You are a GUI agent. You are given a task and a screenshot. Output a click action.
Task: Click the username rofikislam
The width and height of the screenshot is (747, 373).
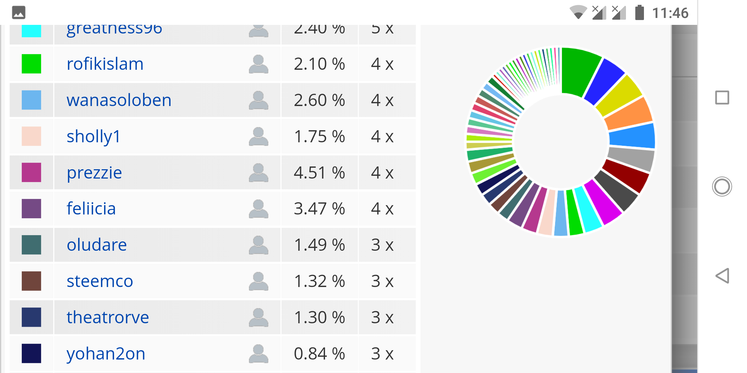pyautogui.click(x=105, y=64)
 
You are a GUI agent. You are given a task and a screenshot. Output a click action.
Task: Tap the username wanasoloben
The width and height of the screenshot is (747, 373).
pyautogui.click(x=119, y=101)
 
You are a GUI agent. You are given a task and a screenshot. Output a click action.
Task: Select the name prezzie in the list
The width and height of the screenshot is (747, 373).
pyautogui.click(x=94, y=173)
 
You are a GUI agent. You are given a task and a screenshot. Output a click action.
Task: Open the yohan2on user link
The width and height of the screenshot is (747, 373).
pyautogui.click(x=106, y=354)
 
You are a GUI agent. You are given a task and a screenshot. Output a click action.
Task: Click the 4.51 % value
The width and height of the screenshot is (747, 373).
pyautogui.click(x=319, y=173)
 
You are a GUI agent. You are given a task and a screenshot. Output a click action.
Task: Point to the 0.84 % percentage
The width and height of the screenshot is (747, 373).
pyautogui.click(x=319, y=354)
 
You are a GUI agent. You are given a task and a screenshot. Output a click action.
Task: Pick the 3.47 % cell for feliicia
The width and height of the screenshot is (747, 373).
pyautogui.click(x=319, y=209)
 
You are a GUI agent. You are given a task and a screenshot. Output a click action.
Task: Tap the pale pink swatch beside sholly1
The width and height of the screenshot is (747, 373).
pyautogui.click(x=31, y=136)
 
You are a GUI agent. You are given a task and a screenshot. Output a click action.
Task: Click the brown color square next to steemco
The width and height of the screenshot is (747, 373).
pyautogui.click(x=31, y=281)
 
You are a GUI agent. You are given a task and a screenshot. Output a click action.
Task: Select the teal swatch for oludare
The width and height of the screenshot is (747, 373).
pyautogui.click(x=31, y=245)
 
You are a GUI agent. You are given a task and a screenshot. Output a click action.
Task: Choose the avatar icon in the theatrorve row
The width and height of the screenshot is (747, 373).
pyautogui.click(x=258, y=317)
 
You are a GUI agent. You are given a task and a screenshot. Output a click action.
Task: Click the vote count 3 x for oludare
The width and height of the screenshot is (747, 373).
pyautogui.click(x=382, y=245)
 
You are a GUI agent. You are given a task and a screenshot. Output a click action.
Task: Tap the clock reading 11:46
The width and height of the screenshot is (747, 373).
pyautogui.click(x=670, y=13)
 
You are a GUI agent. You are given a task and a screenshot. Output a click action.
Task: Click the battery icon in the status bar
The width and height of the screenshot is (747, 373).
pyautogui.click(x=639, y=13)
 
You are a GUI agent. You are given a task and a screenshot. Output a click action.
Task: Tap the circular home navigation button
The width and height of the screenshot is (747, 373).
pyautogui.click(x=722, y=186)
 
